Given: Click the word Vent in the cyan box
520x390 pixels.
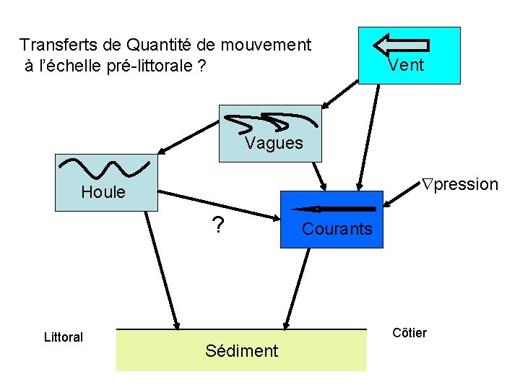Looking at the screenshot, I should pos(406,66).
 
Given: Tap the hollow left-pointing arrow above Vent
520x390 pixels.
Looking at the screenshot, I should pos(401,45).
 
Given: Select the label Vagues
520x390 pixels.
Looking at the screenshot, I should pos(274,143).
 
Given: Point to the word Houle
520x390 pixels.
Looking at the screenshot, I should pos(103,192).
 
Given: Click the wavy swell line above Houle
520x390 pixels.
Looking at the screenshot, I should pos(104,168).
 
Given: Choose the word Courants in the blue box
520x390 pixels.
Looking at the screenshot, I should pos(337,230).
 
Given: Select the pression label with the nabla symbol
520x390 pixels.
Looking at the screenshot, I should pos(460,184).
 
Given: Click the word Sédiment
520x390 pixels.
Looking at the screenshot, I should pos(241,351).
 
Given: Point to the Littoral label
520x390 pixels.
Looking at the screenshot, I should pos(64,337).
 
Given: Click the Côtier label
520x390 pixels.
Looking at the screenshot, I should pos(409,332).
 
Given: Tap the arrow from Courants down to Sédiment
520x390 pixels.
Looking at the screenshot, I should pos(297,289).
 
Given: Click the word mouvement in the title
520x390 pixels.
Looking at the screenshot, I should pos(266,45).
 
